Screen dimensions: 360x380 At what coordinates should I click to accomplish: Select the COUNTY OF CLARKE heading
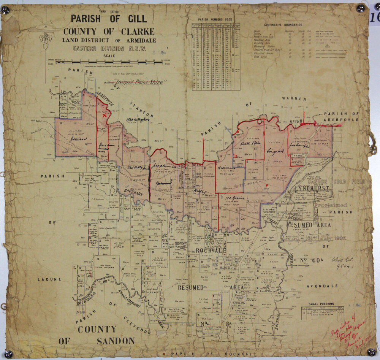coord(109,31)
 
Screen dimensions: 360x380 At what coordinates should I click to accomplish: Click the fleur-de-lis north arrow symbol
coord(46,40)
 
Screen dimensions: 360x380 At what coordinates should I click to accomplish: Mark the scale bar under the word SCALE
coord(109,62)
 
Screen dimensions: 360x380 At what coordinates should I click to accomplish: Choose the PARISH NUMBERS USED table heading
coord(215,19)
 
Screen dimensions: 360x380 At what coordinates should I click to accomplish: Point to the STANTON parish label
coord(141,109)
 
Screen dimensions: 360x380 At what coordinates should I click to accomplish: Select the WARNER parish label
coord(294,99)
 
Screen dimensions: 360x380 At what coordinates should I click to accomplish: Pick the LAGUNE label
coord(49,279)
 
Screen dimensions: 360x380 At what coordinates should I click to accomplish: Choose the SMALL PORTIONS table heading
coord(321,304)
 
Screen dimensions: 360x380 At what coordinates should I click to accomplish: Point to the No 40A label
coord(309,261)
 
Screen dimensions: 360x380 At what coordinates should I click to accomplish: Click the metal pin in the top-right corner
coord(360,8)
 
